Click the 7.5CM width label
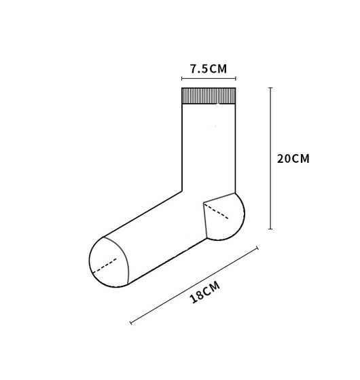[x=209, y=69]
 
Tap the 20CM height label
[x=293, y=159]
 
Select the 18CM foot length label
[x=205, y=292]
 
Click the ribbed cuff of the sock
[x=209, y=96]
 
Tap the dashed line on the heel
[x=216, y=211]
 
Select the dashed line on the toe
[x=105, y=266]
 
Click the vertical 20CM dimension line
[x=270, y=158]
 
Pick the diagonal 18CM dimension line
[x=194, y=285]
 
